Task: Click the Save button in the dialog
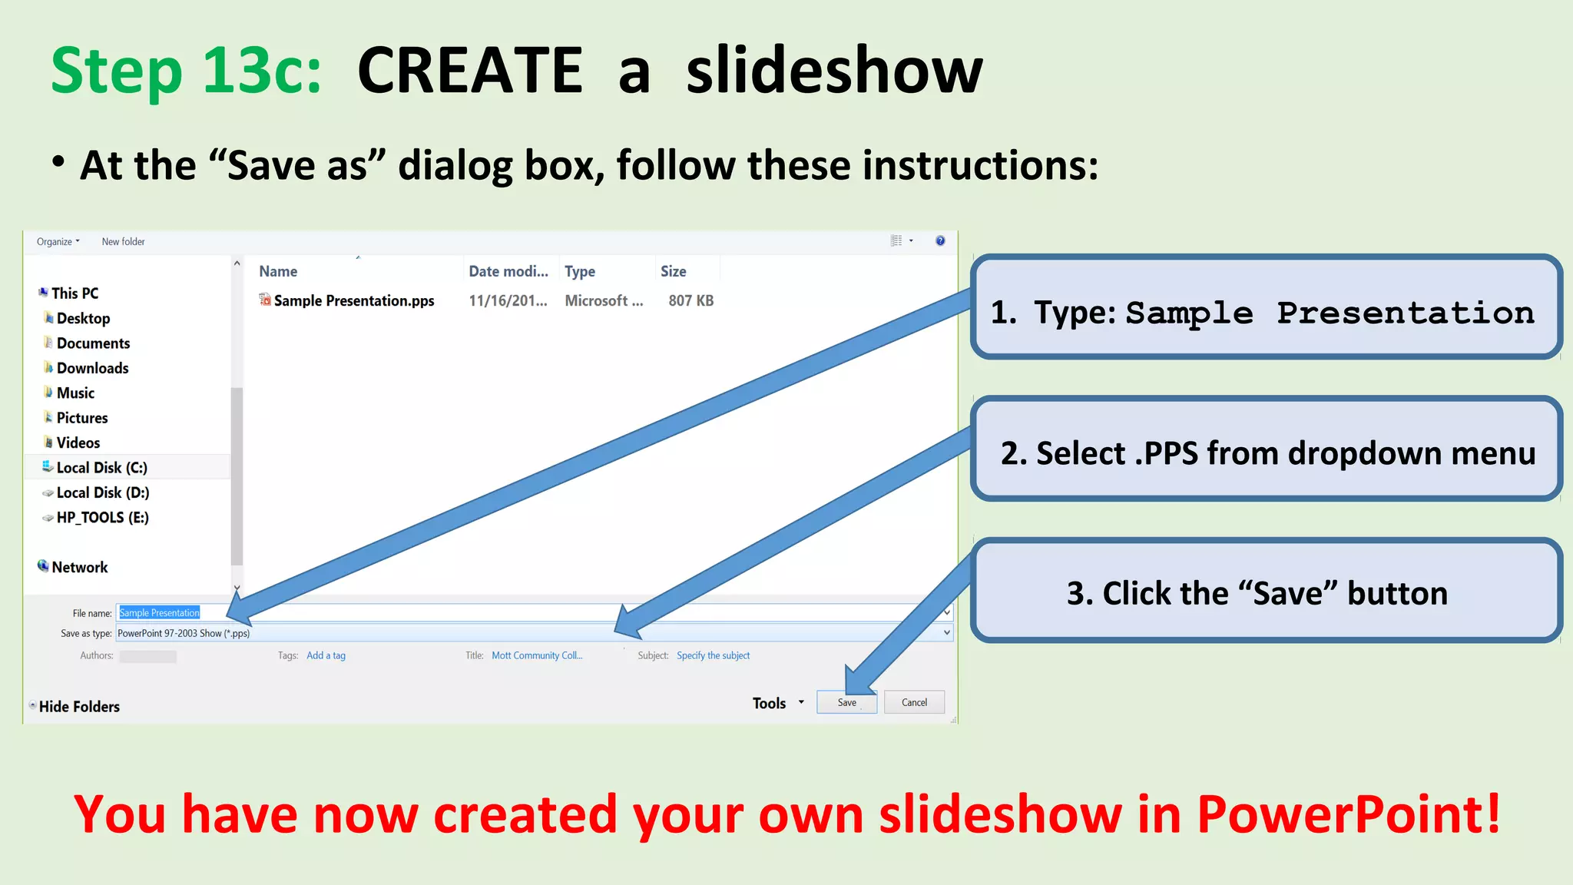pyautogui.click(x=846, y=702)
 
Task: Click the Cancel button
pyautogui.click(x=914, y=702)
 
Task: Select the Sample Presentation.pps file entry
pyautogui.click(x=353, y=300)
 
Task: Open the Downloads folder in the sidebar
pyautogui.click(x=92, y=368)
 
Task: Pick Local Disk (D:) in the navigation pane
pyautogui.click(x=102, y=492)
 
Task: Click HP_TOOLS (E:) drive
pyautogui.click(x=102, y=517)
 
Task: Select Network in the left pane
pyautogui.click(x=79, y=567)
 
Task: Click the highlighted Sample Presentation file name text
pyautogui.click(x=159, y=613)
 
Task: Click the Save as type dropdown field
pyautogui.click(x=530, y=633)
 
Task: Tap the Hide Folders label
pyautogui.click(x=79, y=706)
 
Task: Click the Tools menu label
pyautogui.click(x=769, y=703)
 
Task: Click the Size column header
pyautogui.click(x=674, y=271)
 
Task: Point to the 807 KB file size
pyautogui.click(x=690, y=300)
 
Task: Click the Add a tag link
pyautogui.click(x=326, y=655)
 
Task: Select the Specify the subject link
pyautogui.click(x=713, y=655)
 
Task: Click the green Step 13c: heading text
pyautogui.click(x=186, y=71)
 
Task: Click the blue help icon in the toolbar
pyautogui.click(x=940, y=240)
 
